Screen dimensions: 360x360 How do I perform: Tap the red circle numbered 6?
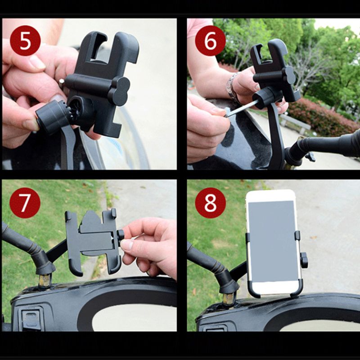pos(210,40)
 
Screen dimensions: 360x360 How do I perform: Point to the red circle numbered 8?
pos(210,203)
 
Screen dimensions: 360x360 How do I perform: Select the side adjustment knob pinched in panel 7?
pos(121,235)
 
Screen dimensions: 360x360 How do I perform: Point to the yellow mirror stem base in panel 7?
pos(44,280)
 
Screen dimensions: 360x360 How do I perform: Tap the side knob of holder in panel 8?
pos(305,260)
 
